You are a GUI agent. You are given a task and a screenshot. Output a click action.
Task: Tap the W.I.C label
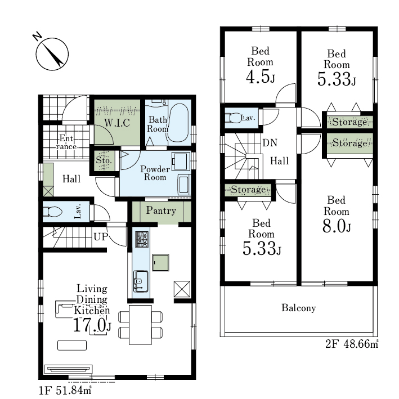117,123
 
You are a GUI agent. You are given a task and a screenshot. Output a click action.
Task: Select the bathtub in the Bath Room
178,123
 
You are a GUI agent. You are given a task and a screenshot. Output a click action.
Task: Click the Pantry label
161,210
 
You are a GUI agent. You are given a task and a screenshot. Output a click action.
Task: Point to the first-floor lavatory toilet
52,212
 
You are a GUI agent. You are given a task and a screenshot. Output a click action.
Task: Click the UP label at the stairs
101,237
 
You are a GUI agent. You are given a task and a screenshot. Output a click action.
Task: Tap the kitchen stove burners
142,239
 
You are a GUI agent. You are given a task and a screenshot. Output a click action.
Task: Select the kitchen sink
141,281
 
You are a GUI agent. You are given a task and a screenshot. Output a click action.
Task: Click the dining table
140,325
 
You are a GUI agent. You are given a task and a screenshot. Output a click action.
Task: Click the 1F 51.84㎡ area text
65,391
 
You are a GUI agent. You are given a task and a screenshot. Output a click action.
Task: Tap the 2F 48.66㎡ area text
352,344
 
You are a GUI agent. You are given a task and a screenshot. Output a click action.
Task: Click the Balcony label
298,308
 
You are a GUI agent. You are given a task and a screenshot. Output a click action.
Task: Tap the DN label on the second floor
270,143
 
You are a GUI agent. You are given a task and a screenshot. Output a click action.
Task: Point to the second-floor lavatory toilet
232,118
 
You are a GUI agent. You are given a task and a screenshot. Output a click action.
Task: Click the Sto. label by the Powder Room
104,160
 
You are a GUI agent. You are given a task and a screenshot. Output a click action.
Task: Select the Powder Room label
155,173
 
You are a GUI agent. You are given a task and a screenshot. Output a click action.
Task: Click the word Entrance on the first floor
66,142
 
